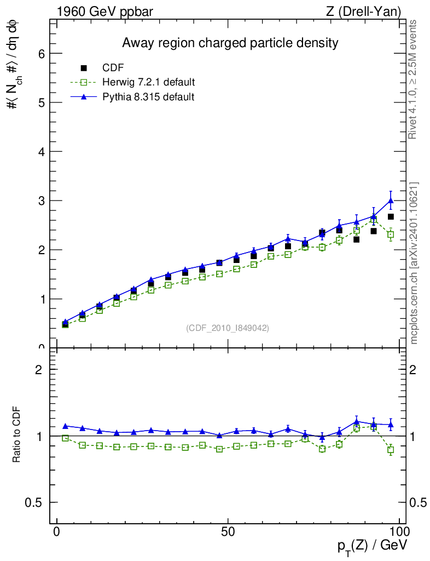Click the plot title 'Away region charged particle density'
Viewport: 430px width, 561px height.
coord(230,43)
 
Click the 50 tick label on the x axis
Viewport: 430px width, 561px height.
coord(228,533)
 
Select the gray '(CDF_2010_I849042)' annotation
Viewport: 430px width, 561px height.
coord(228,328)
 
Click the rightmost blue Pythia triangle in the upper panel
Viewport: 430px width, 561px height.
coord(391,201)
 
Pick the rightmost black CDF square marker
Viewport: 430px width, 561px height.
coord(391,217)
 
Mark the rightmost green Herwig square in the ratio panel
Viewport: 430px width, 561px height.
coord(391,450)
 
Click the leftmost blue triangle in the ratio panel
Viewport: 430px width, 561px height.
coord(65,426)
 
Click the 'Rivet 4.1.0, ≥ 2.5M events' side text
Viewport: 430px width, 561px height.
coord(414,79)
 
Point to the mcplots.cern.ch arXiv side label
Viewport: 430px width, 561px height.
coord(414,263)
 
